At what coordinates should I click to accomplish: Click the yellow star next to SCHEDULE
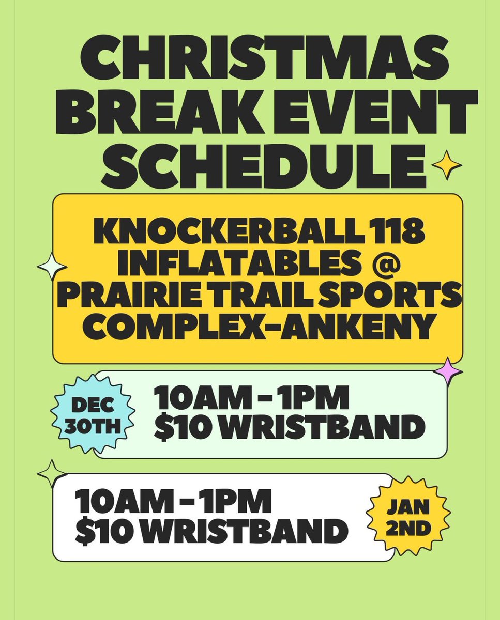click(x=446, y=165)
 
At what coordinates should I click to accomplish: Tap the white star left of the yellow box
click(x=52, y=267)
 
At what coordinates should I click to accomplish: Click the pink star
click(x=446, y=371)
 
